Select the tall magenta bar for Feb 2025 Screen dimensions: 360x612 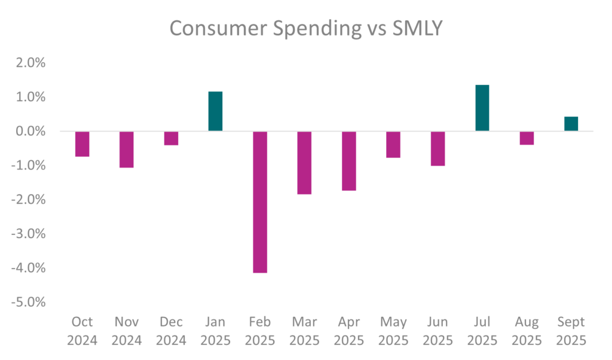tap(259, 202)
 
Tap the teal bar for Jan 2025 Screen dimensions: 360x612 tap(215, 111)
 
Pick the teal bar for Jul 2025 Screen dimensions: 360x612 tap(482, 108)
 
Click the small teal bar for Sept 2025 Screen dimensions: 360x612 tap(571, 124)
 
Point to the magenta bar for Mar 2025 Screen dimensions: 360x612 tap(304, 163)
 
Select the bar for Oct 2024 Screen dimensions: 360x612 tap(82, 144)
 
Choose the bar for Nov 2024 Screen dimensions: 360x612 tap(127, 149)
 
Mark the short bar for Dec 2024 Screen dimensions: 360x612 tap(171, 138)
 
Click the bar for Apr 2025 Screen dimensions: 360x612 tap(348, 161)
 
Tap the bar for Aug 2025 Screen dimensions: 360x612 tap(527, 138)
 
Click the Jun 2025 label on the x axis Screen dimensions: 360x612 tap(437, 331)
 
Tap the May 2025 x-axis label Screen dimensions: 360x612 tap(393, 331)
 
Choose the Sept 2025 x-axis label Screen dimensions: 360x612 tap(571, 331)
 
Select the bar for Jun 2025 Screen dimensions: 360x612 tap(437, 148)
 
